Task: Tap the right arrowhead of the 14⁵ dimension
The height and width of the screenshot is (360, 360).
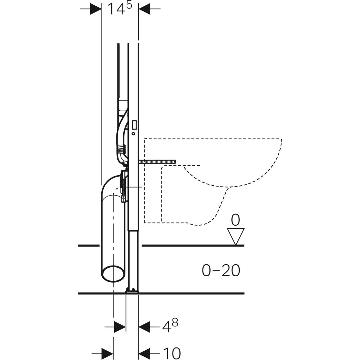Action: (145, 9)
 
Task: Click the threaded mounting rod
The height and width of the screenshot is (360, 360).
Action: (157, 162)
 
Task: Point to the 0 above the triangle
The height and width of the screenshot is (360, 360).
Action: (235, 220)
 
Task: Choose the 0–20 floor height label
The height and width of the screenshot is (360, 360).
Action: (221, 271)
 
